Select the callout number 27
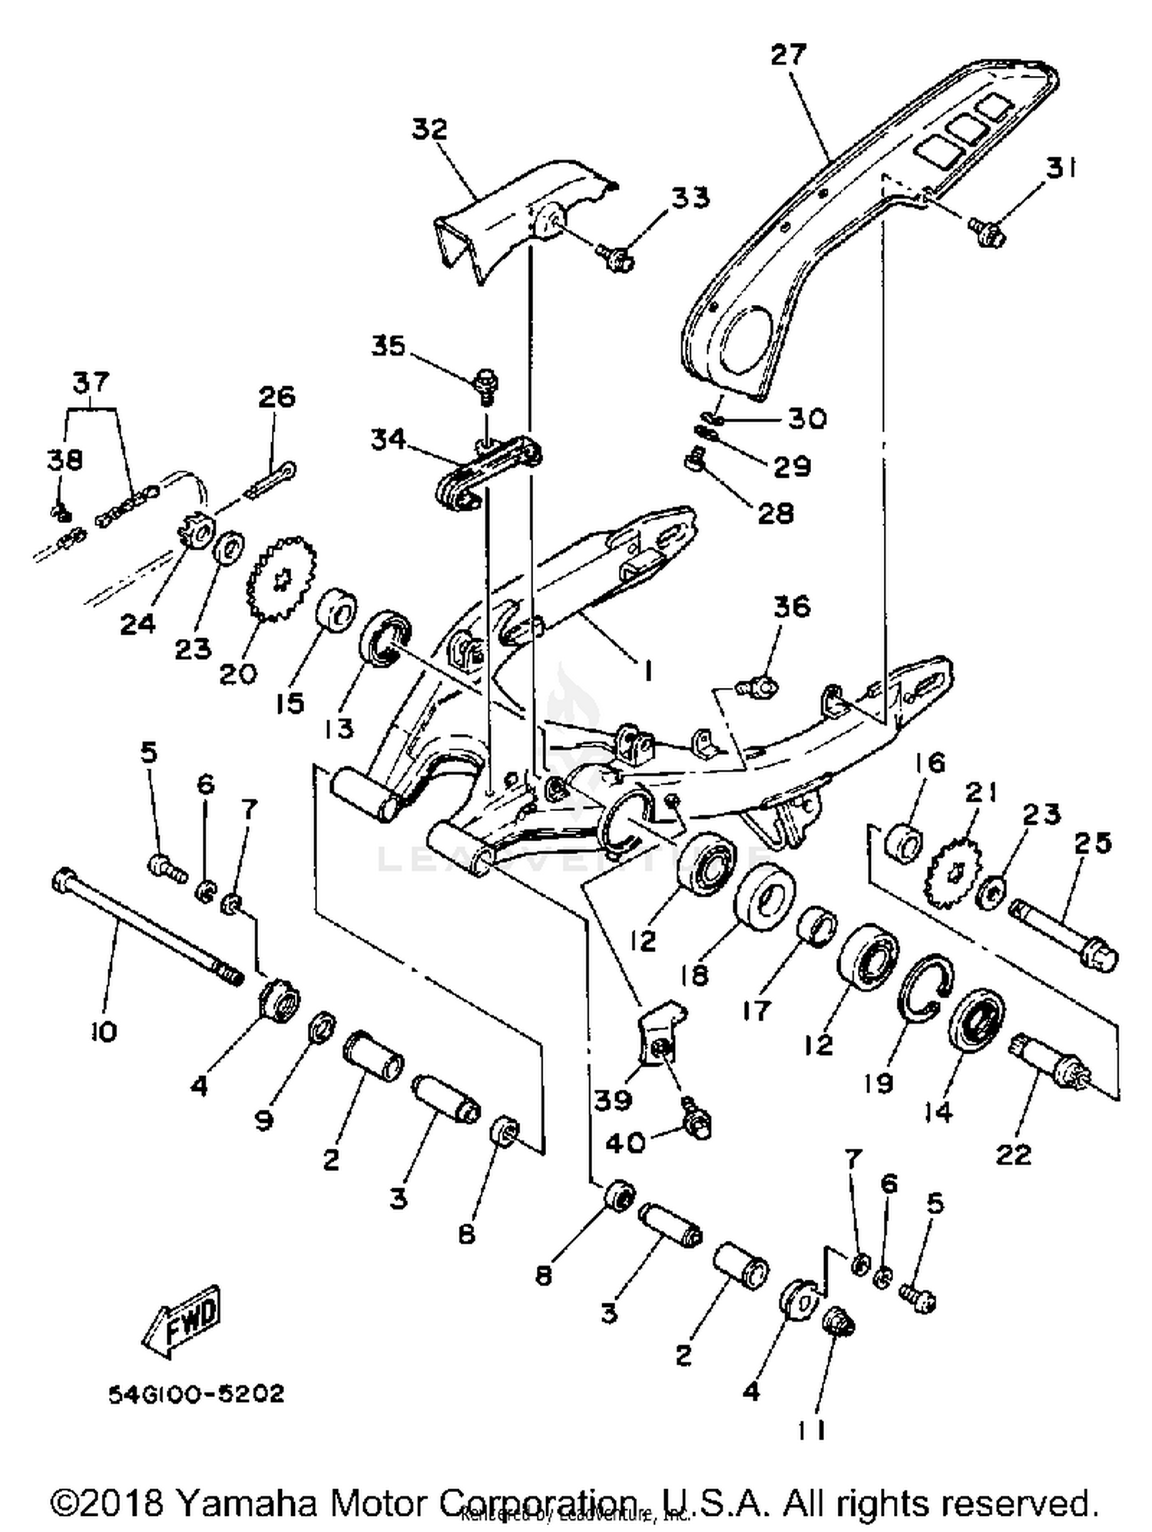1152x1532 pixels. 789,56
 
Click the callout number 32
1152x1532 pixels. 429,128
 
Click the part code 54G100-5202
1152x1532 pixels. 196,1394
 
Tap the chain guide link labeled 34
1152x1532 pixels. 488,472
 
